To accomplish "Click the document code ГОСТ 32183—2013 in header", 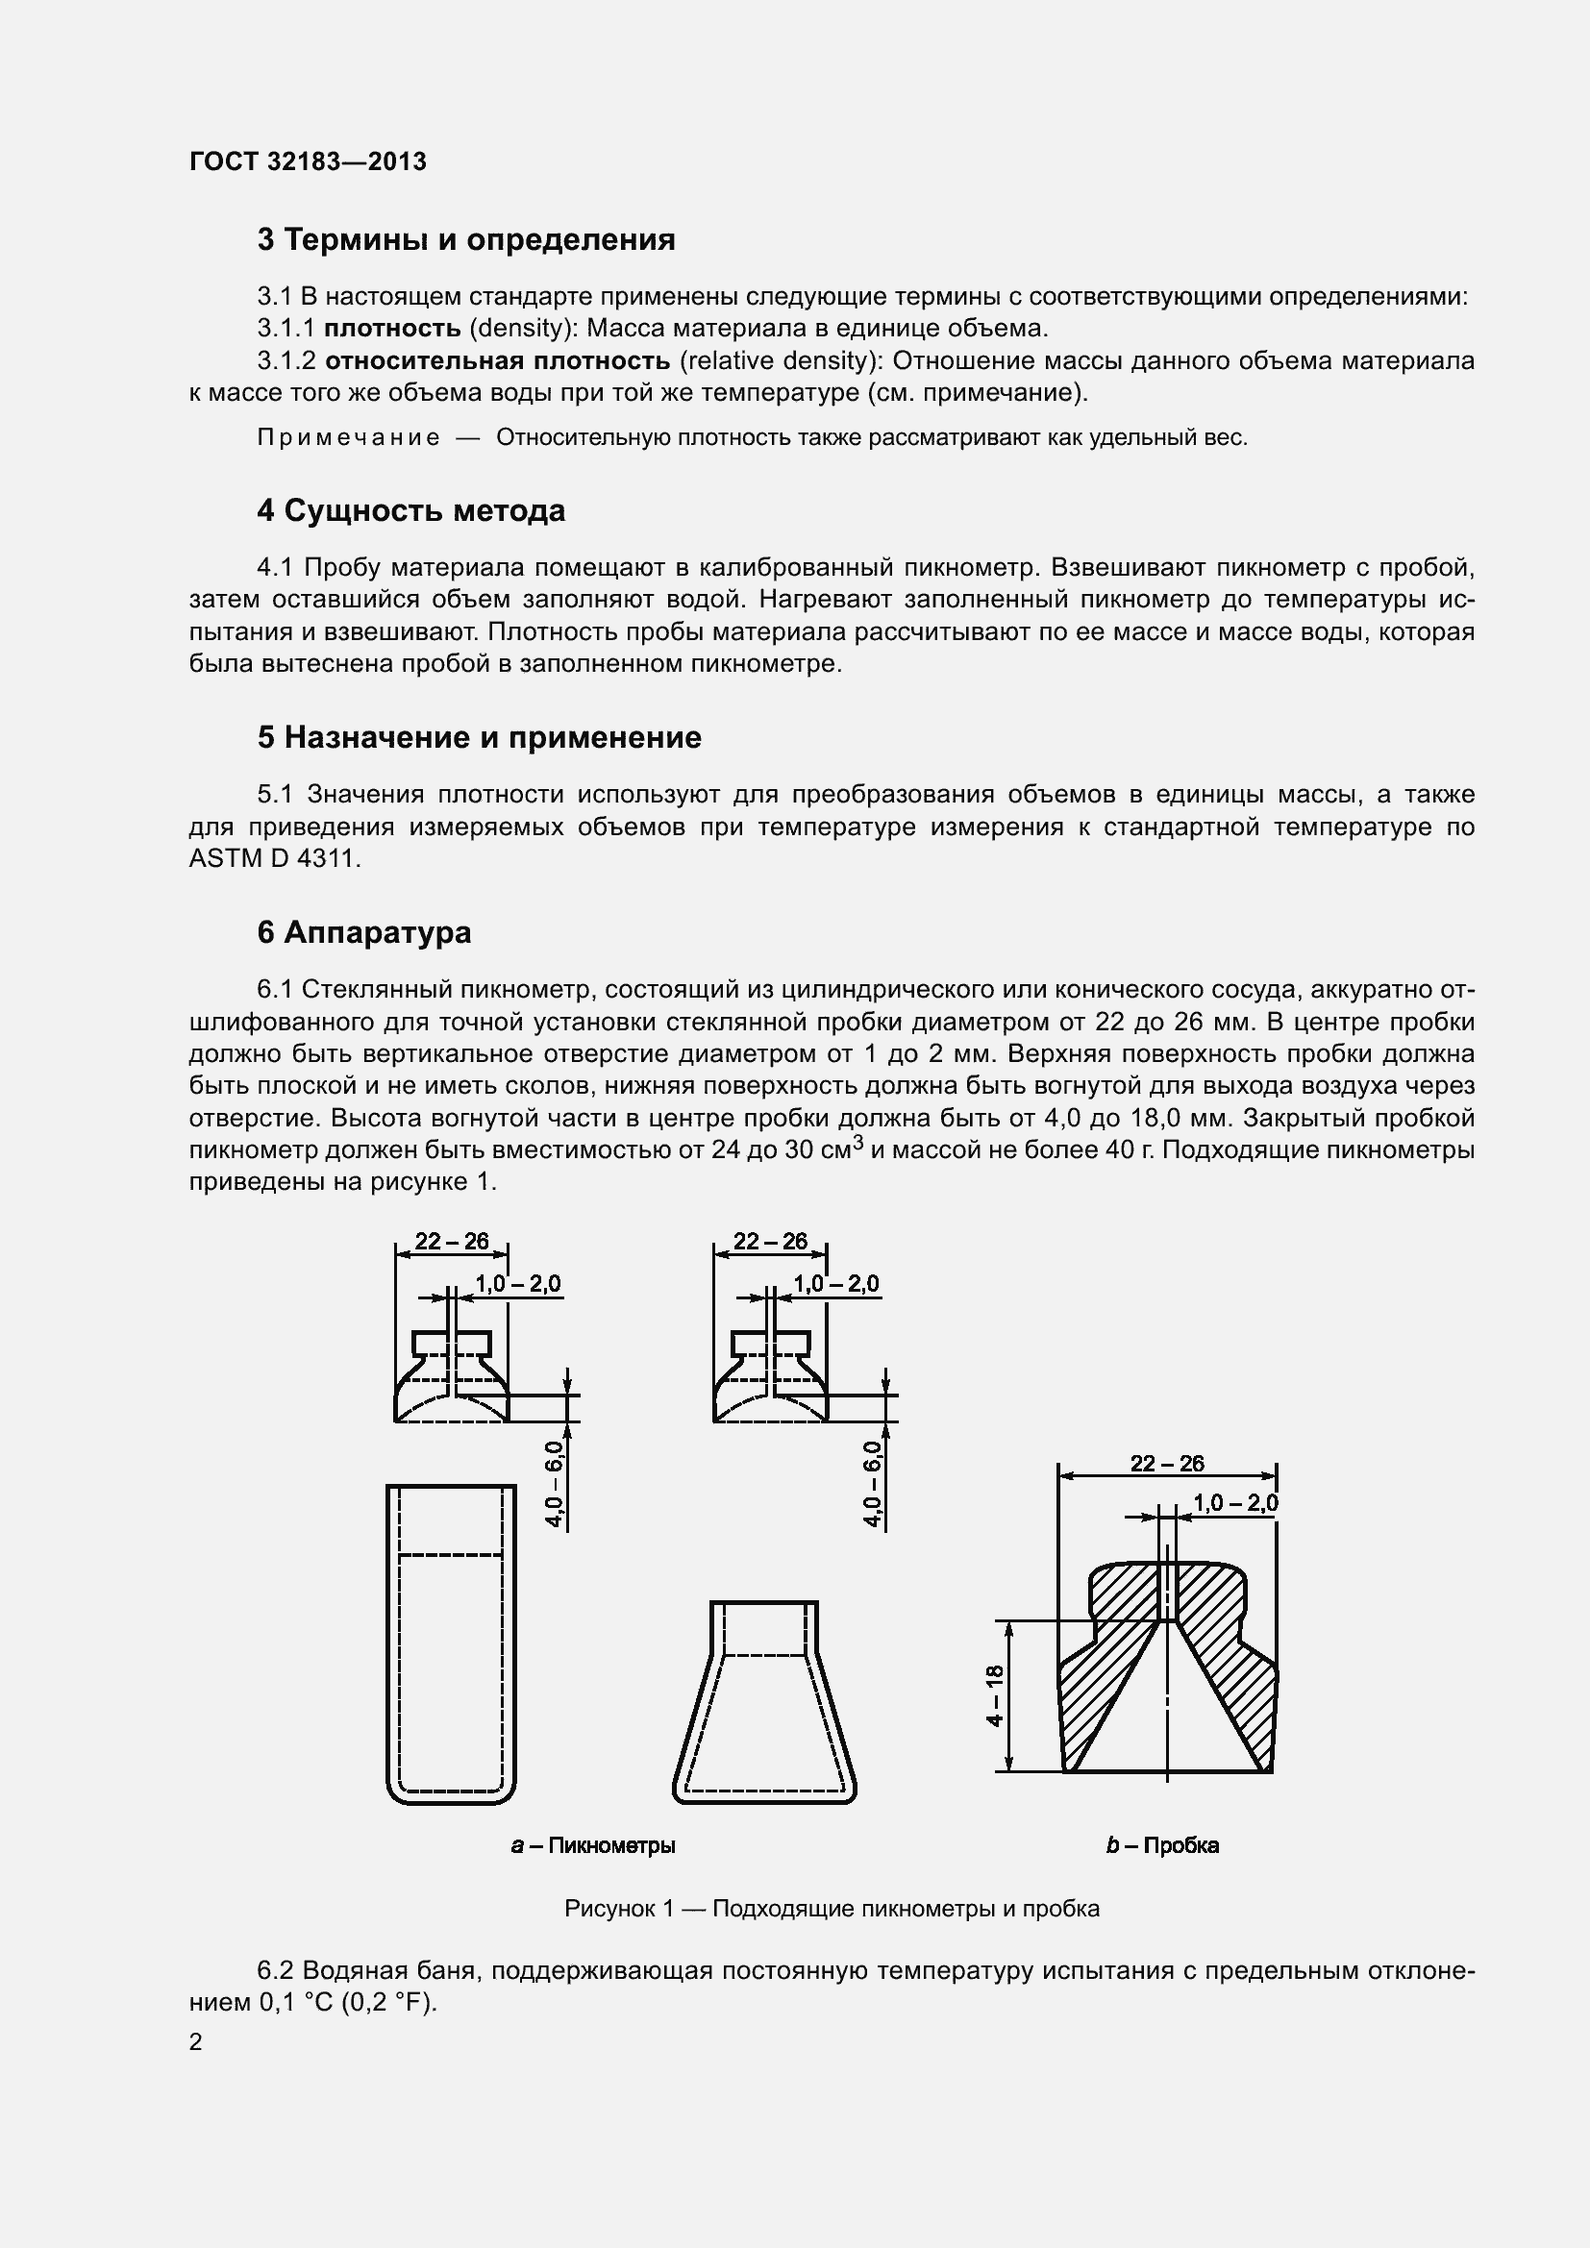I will (308, 161).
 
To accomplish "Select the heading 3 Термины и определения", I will (466, 240).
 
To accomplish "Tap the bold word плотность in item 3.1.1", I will (392, 328).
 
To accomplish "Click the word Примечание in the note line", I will (349, 437).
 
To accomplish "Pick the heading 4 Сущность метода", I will (411, 511).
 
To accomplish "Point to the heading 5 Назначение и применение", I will (479, 737).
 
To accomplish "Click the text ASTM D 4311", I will (274, 858).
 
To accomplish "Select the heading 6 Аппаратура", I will (364, 932).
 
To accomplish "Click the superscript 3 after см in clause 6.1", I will (857, 1141).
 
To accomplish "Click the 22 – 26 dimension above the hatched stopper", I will (1167, 1464).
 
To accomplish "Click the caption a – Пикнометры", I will (593, 1845).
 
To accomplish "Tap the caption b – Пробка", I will (1162, 1845).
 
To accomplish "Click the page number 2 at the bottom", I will (196, 2041).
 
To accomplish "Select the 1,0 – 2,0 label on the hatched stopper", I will (1234, 1503).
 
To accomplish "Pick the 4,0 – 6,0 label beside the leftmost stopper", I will (555, 1484).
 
